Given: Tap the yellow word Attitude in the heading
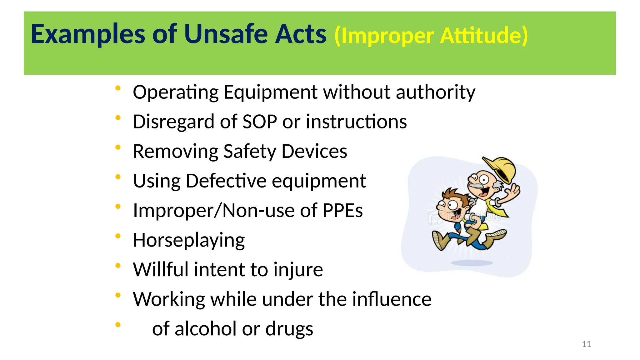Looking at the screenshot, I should (x=484, y=36).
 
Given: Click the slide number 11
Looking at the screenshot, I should (x=586, y=344).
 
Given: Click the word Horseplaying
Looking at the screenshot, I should (x=189, y=240).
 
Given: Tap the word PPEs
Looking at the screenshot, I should (x=342, y=210).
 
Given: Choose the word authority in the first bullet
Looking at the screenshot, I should (x=435, y=92).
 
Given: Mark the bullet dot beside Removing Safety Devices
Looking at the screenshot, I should (x=118, y=147).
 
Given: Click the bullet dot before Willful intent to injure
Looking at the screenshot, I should (x=118, y=266).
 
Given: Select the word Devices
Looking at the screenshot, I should (x=314, y=151).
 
